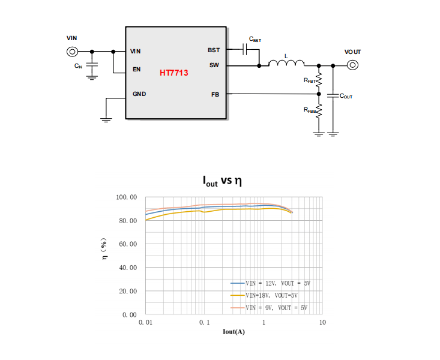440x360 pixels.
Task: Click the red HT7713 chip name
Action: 173,73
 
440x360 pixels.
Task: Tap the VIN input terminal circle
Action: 72,52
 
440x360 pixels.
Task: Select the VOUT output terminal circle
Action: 352,65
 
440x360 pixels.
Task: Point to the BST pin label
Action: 214,50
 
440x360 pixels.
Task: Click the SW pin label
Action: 214,65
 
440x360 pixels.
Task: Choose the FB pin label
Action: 215,95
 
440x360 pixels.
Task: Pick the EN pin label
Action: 137,70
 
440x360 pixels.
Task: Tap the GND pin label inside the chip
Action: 139,94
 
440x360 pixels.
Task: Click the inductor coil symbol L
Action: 286,62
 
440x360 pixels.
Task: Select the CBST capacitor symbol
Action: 244,49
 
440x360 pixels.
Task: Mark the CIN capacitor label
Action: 78,66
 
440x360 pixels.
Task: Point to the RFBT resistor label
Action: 310,80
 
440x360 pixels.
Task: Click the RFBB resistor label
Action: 310,110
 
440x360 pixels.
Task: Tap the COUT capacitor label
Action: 346,96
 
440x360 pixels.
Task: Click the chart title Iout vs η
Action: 222,181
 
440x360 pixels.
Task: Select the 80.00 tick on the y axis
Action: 128,221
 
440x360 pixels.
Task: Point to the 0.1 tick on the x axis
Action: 205,322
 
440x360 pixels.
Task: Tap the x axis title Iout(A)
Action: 234,332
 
